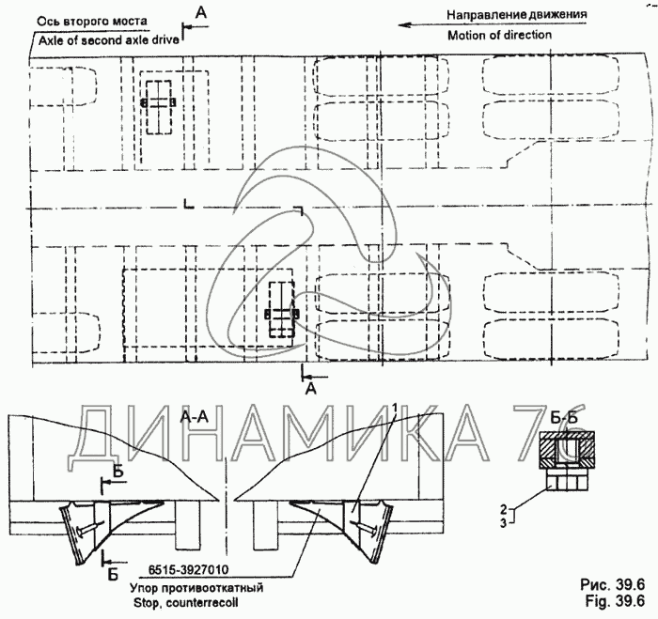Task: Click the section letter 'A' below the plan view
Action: pyautogui.click(x=311, y=387)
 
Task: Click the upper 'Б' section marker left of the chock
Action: pyautogui.click(x=117, y=471)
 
